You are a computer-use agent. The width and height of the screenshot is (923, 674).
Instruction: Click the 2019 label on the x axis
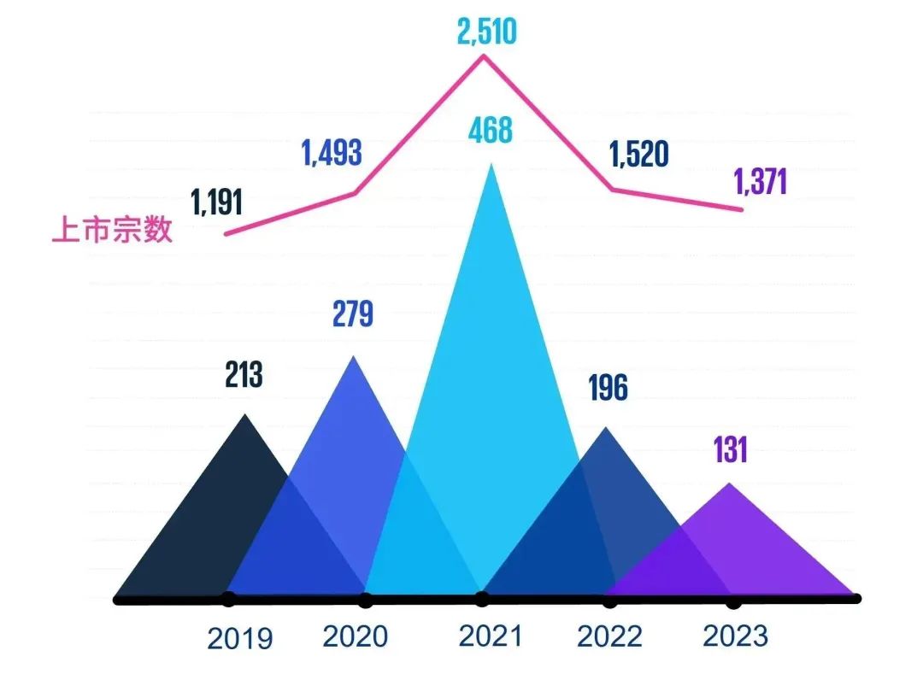240,638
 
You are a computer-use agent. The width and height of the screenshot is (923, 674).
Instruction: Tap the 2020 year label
356,636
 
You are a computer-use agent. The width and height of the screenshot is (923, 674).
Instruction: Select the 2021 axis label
490,636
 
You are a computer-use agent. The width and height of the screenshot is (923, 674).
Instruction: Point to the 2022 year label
608,636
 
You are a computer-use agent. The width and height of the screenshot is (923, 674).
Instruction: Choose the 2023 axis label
735,636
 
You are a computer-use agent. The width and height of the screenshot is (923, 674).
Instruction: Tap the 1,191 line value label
217,202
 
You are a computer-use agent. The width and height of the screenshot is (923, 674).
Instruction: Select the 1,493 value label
331,153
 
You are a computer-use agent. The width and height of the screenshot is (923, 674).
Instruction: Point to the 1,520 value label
638,154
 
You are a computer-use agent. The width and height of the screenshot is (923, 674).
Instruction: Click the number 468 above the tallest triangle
490,131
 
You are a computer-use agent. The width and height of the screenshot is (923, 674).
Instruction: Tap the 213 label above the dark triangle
244,374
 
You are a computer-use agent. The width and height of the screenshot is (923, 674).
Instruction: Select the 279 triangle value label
353,314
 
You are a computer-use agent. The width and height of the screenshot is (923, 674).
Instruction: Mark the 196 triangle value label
608,388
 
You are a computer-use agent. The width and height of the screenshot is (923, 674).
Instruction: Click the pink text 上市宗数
113,231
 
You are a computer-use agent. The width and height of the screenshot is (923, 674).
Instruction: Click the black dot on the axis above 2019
227,599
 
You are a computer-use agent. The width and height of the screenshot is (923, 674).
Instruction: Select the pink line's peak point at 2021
485,56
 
